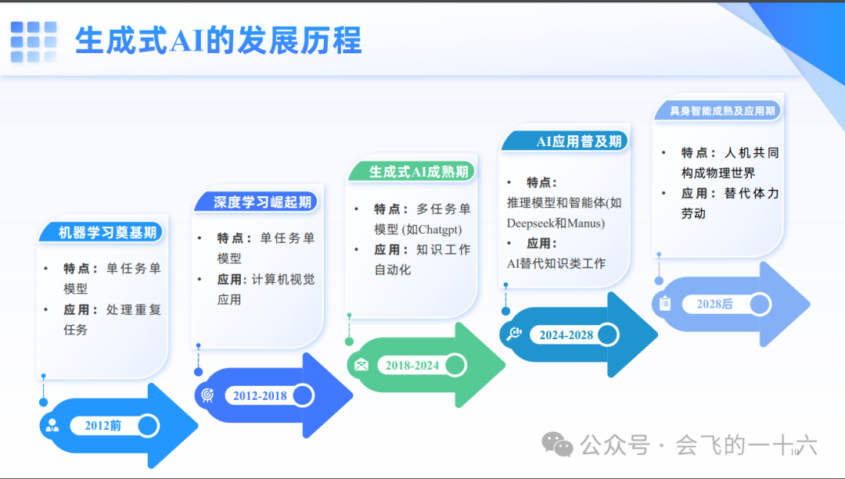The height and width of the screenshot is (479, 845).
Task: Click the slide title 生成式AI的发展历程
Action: (x=218, y=41)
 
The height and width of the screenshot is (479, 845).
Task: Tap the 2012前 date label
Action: (x=103, y=426)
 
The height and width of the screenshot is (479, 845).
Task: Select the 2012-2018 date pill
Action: (x=260, y=395)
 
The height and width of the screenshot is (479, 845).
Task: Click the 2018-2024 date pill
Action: (x=412, y=365)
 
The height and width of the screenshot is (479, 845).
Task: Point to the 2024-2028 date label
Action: (x=566, y=335)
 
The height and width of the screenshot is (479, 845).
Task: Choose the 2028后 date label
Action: (x=714, y=304)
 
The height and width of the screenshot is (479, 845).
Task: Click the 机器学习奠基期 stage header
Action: (x=107, y=232)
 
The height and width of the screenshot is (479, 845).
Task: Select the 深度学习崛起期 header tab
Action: (x=262, y=202)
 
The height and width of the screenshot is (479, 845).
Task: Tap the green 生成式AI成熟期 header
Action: (x=419, y=172)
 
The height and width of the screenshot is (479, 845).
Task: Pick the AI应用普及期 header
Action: (x=579, y=141)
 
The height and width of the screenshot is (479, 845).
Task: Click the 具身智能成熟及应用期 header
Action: (x=722, y=111)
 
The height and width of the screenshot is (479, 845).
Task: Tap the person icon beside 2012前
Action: (x=52, y=426)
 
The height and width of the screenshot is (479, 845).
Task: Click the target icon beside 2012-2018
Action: (x=207, y=395)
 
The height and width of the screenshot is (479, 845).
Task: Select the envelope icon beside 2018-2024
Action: (x=361, y=365)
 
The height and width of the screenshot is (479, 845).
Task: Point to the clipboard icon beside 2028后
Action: (x=665, y=303)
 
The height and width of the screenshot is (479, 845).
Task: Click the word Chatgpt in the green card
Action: (x=440, y=230)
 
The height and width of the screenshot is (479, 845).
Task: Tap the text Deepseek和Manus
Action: (x=556, y=223)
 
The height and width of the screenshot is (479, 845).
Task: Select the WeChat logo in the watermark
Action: (x=558, y=445)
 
